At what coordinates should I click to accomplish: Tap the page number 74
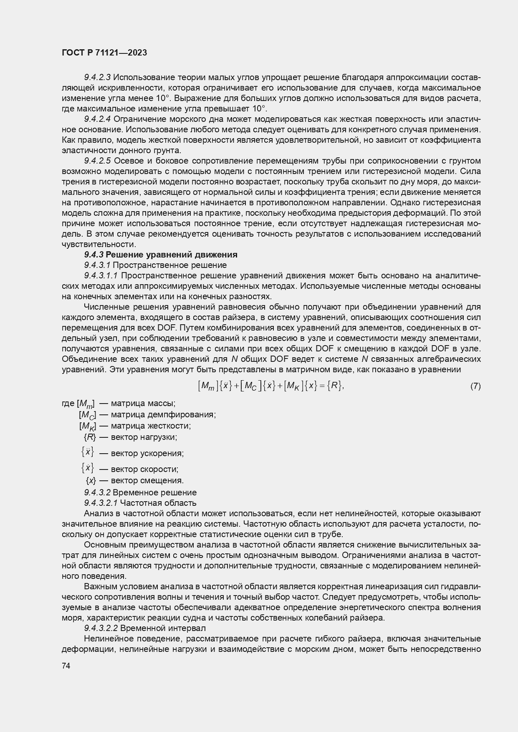[x=66, y=666]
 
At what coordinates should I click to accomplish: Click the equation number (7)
[x=475, y=386]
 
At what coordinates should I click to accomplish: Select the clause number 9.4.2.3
[x=97, y=77]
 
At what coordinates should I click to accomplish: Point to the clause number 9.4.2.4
[x=97, y=119]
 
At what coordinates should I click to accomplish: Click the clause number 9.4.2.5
[x=97, y=161]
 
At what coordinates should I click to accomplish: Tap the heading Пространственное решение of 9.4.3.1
[x=169, y=265]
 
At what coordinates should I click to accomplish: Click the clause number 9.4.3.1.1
[x=101, y=275]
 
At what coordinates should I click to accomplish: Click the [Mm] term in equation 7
[x=208, y=386]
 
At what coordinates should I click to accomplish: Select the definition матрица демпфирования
[x=163, y=415]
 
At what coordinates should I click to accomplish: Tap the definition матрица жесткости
[x=151, y=426]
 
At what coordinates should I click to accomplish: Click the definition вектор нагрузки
[x=144, y=437]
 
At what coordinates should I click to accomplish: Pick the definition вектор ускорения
[x=147, y=453]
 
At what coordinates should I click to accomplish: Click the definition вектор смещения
[x=147, y=480]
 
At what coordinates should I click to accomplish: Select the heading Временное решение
[x=154, y=492]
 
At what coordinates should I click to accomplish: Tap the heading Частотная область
[x=158, y=503]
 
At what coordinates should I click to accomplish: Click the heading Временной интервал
[x=163, y=628]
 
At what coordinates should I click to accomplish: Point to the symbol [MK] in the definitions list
[x=88, y=426]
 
